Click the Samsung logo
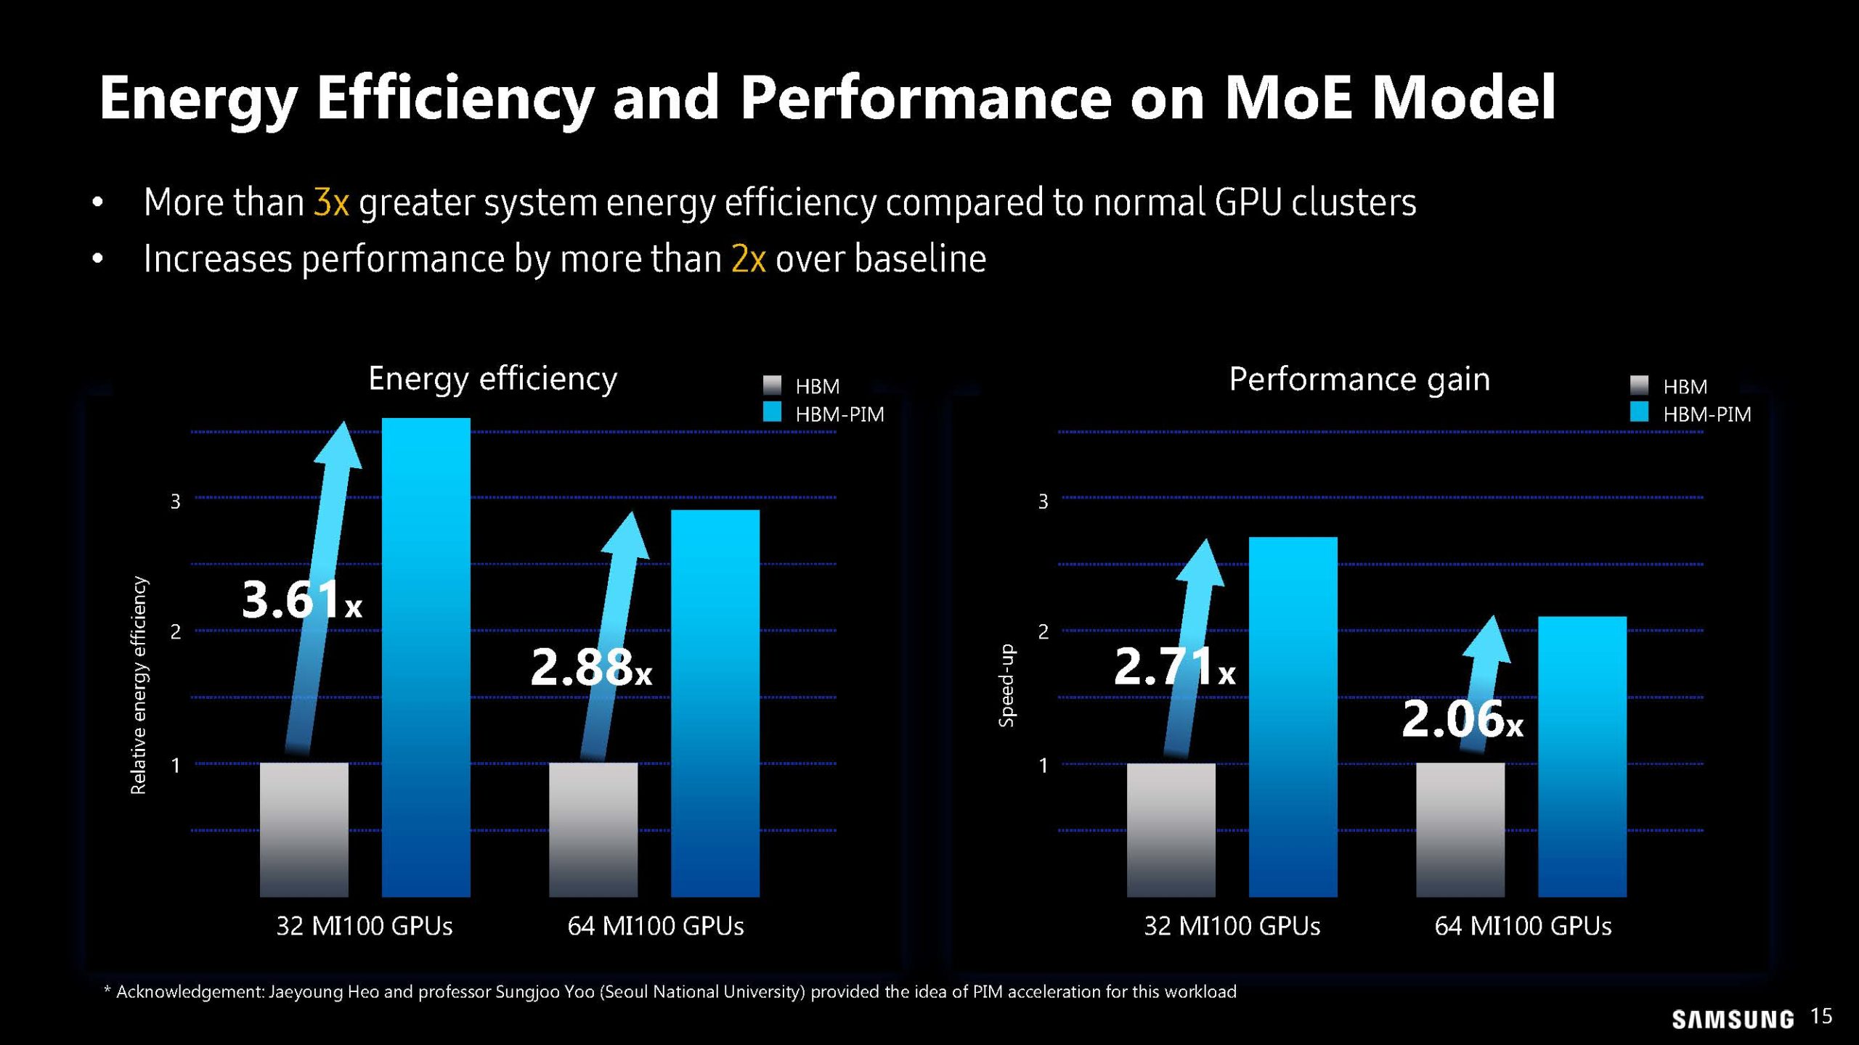tap(1732, 1020)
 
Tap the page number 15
tap(1821, 1016)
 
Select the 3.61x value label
tap(301, 600)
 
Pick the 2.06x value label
tap(1462, 719)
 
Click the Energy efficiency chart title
tap(492, 379)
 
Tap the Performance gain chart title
tap(1359, 379)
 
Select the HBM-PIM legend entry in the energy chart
tap(824, 414)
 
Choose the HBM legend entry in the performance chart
tap(1669, 386)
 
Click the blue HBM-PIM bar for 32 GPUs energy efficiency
tap(426, 657)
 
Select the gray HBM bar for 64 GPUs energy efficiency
tap(593, 829)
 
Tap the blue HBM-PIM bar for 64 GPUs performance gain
tap(1582, 756)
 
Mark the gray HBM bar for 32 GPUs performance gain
tap(1171, 829)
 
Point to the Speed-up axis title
tap(1006, 685)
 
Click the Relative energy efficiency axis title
tap(138, 685)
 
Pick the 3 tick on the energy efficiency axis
tap(175, 501)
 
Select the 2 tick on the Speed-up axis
tap(1043, 631)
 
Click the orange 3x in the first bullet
tap(331, 202)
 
